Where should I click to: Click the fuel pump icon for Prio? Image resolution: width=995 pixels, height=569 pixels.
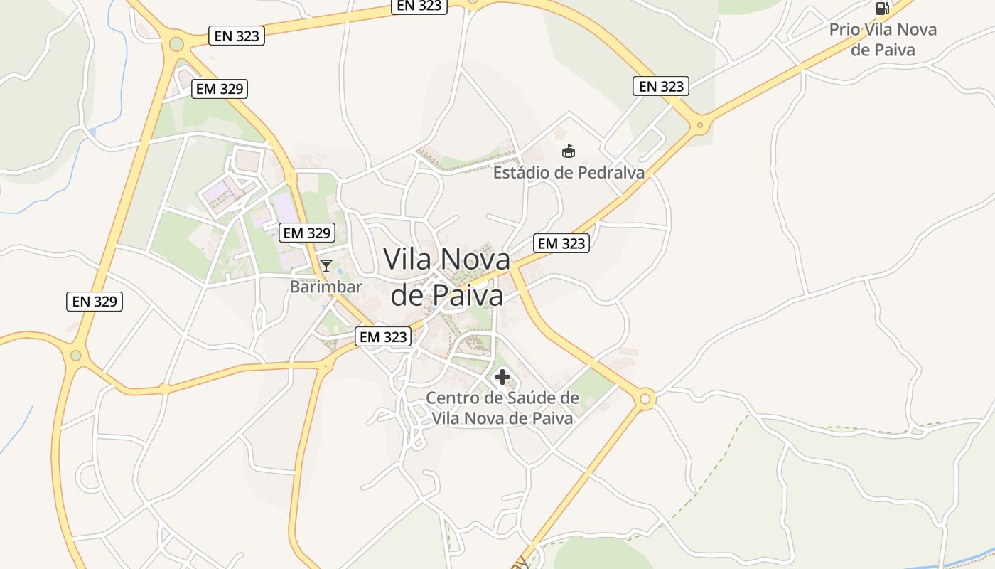coord(882,8)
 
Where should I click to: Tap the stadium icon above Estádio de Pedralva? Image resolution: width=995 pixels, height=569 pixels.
coord(568,151)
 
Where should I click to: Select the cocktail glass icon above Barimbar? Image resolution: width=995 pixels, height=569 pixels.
coord(326,266)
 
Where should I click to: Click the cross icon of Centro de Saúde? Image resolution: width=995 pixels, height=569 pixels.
coord(502,376)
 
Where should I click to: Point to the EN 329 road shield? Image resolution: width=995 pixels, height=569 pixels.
coord(95,301)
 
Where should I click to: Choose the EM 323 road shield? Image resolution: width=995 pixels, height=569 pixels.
coord(384,336)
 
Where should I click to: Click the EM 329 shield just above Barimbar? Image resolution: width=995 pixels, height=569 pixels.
coord(307,233)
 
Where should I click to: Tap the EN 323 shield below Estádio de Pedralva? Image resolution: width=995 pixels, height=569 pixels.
coord(561,243)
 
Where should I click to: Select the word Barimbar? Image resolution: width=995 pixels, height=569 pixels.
coord(326,287)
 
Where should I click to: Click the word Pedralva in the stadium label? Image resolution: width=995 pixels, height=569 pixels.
coord(612,173)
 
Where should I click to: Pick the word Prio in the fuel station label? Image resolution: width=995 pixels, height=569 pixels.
coord(844,30)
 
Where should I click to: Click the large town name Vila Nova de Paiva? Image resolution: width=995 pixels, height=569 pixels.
coord(447,277)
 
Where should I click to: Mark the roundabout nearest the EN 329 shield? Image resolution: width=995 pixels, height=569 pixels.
coord(76,355)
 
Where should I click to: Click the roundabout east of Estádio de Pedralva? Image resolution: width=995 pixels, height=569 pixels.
coord(700,126)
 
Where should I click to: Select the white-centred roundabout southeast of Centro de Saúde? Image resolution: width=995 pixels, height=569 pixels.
coord(645,399)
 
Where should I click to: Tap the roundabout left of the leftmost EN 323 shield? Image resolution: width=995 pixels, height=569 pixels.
coord(176,44)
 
